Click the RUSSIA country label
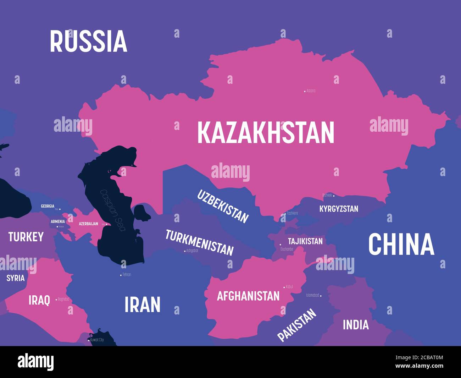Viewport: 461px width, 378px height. pos(88,41)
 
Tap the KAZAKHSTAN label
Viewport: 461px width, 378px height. pos(266,132)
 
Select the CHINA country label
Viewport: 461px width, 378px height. pos(401,244)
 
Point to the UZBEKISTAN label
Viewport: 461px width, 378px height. pos(223,206)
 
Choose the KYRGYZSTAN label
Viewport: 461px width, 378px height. pos(339,209)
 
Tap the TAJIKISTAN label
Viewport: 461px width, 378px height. pos(305,241)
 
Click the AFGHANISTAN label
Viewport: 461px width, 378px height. pos(248,296)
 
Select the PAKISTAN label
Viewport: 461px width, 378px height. pos(296,325)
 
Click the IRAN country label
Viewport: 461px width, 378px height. pos(143,305)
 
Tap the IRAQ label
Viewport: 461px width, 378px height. pos(39,300)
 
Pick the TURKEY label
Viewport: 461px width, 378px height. pos(26,237)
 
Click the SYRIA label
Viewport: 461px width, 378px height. pos(16,278)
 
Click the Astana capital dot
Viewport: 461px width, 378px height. pos(305,91)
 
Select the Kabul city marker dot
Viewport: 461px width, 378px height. pos(284,287)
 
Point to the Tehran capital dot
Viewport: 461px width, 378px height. pos(121,275)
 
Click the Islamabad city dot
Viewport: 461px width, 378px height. pos(321,295)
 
